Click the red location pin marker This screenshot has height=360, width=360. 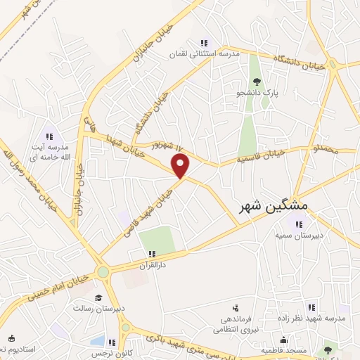[x=181, y=166]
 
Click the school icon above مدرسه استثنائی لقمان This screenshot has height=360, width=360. [x=204, y=43]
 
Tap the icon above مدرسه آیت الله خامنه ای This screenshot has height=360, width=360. [x=49, y=136]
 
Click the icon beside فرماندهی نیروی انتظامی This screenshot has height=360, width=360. [x=235, y=307]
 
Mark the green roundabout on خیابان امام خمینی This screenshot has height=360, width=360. [x=104, y=272]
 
